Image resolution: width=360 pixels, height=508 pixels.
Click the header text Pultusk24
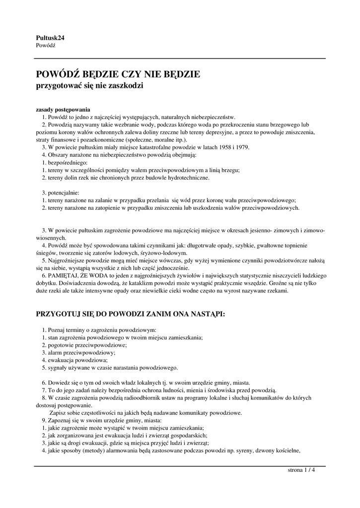click(50, 38)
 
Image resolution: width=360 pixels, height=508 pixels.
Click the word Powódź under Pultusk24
click(46, 45)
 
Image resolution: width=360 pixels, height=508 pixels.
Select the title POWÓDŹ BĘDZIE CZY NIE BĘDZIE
click(118, 75)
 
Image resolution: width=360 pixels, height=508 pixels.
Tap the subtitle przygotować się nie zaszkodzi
click(90, 86)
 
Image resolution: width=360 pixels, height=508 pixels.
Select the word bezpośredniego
click(67, 162)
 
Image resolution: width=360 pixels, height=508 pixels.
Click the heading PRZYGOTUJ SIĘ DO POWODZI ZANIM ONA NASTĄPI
click(131, 314)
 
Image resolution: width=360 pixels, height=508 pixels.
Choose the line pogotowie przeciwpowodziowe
click(87, 345)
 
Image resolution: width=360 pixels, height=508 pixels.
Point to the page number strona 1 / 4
click(301, 470)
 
